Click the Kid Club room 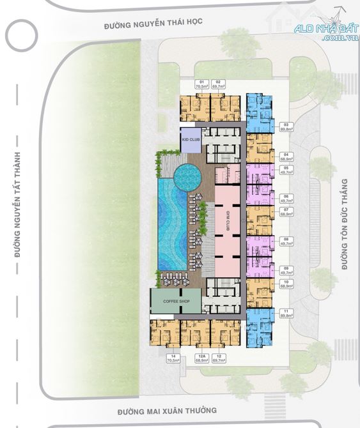tap(190, 139)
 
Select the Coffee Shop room tap(175, 301)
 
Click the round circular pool tap(187, 174)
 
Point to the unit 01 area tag tap(203, 85)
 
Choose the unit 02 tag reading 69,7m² tap(219, 85)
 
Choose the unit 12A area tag tap(203, 358)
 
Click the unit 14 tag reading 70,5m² tap(173, 358)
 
